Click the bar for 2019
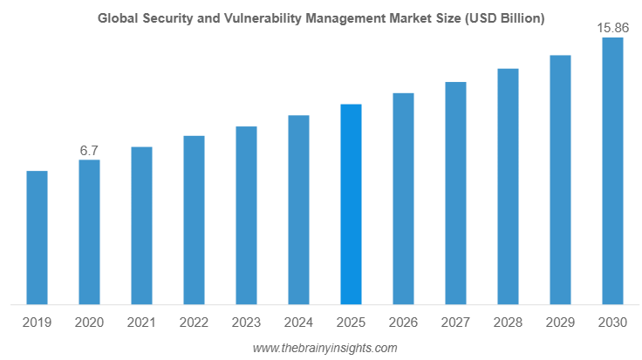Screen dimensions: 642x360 pos(37,238)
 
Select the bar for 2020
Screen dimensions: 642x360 pos(89,232)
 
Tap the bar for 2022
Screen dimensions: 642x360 pos(194,220)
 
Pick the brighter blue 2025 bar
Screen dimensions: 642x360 pos(351,204)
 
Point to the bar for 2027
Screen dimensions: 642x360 pos(455,194)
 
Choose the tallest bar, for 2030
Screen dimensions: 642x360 pos(612,171)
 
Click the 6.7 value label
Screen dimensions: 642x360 pos(89,151)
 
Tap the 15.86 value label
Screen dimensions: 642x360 pos(612,28)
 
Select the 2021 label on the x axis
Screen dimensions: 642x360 pos(141,323)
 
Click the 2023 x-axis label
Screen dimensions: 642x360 pos(246,323)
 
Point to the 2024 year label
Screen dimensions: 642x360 pos(298,323)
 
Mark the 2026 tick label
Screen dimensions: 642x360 pos(403,323)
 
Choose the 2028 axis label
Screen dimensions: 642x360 pos(508,323)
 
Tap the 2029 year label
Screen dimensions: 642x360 pos(560,323)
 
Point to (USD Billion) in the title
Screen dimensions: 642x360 pos(505,18)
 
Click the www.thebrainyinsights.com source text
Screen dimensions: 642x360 pos(324,348)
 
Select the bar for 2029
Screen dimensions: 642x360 pos(560,180)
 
